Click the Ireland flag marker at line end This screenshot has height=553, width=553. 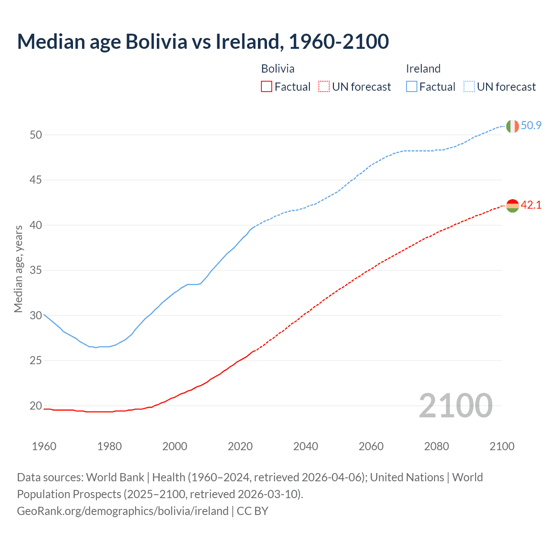(x=512, y=126)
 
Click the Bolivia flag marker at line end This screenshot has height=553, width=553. (x=512, y=206)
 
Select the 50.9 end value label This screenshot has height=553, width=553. (x=531, y=126)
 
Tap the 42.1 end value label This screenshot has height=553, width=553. (x=531, y=205)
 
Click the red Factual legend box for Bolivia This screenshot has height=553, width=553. (x=267, y=87)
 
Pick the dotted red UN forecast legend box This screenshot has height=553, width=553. (x=324, y=87)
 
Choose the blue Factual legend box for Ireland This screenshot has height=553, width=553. (x=412, y=87)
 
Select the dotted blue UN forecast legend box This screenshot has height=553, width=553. (x=469, y=87)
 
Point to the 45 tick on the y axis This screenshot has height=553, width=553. (x=36, y=180)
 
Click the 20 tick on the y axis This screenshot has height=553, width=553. (x=36, y=406)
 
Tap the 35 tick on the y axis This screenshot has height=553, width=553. (x=36, y=270)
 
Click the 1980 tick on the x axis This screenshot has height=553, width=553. (x=109, y=446)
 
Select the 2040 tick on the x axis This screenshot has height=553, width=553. (x=305, y=446)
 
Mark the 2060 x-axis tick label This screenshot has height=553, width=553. (x=371, y=446)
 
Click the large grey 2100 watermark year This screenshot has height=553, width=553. (x=456, y=405)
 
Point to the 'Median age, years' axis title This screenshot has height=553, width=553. (x=18, y=269)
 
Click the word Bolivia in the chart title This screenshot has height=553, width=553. (x=156, y=41)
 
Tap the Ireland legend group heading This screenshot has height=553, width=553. (x=423, y=69)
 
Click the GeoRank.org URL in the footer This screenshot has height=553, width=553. (x=123, y=511)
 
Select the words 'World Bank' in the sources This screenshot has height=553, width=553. (x=115, y=477)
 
